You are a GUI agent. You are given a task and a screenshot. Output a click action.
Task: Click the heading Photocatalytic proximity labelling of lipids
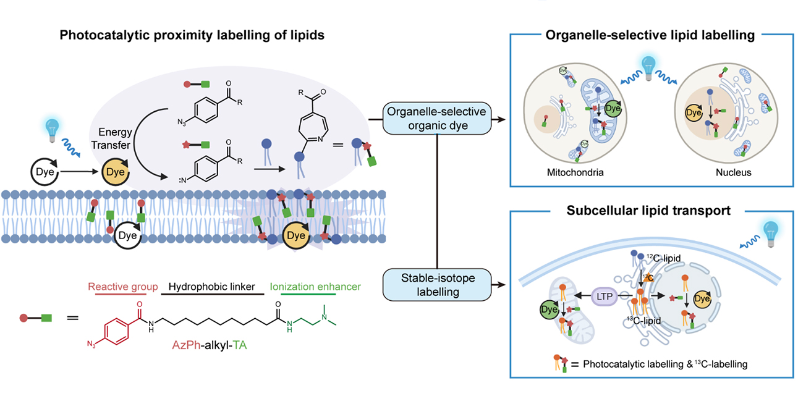[x=192, y=35]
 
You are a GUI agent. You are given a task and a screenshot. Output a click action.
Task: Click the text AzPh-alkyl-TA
[x=209, y=346]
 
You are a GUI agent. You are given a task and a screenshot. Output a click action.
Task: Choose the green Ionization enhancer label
[x=315, y=287]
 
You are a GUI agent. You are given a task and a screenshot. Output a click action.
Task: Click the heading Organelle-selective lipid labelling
[x=650, y=35]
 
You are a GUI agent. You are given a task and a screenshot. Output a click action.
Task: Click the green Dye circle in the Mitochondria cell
[x=611, y=110]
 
